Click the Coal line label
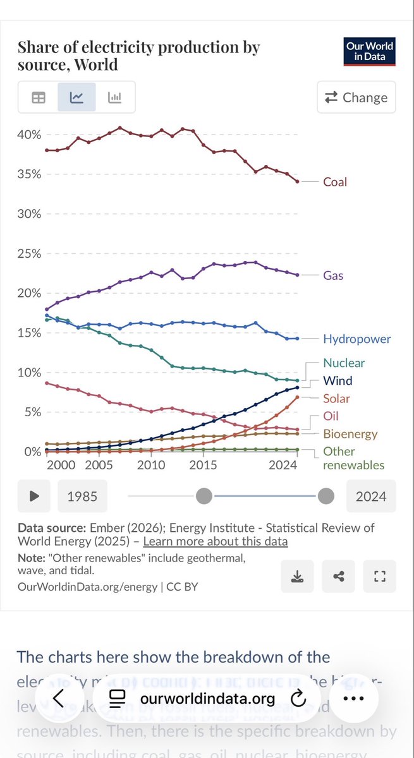[x=335, y=182]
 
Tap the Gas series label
[x=333, y=275]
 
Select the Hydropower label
[x=356, y=339]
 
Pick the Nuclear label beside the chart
[x=344, y=363]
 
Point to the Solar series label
[x=336, y=399]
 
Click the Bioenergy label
[x=350, y=434]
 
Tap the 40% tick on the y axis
[x=28, y=135]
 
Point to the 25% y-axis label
[x=28, y=254]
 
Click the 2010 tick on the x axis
[x=150, y=466]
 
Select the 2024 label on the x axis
[x=283, y=466]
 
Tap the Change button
[x=356, y=97]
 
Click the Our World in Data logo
[x=370, y=51]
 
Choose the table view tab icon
[x=39, y=97]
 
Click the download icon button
[x=296, y=576]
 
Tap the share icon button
[x=338, y=576]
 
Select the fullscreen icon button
[x=379, y=576]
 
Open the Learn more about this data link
[x=215, y=541]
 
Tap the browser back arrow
[x=59, y=698]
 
